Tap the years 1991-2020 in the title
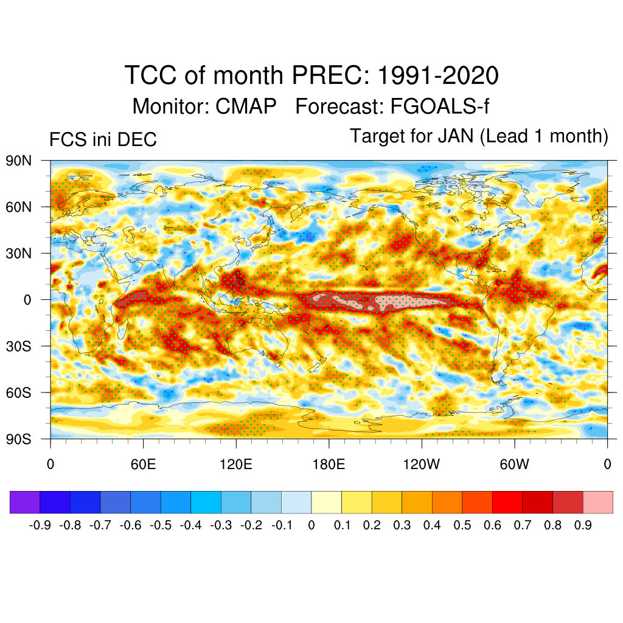(438, 76)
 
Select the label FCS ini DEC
(103, 140)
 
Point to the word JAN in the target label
(455, 136)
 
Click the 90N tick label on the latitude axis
(18, 161)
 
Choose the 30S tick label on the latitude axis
(18, 346)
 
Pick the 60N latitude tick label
(18, 207)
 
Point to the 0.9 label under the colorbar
(583, 525)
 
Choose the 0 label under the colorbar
(311, 525)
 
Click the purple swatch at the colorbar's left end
(25, 502)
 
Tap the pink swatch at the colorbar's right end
(597, 502)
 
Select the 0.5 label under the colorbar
(462, 525)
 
